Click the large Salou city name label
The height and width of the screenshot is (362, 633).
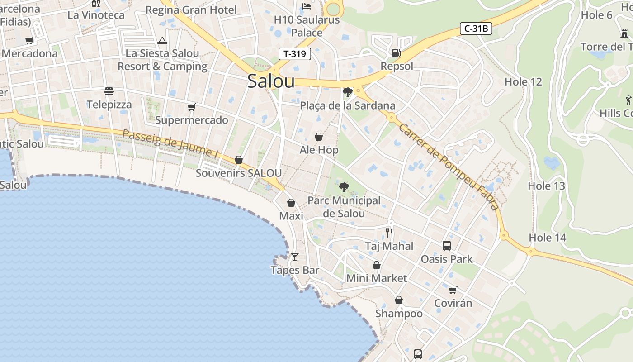271,81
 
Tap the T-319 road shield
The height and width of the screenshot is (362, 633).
294,54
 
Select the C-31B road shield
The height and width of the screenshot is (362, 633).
476,29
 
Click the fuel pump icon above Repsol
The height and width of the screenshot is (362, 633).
396,53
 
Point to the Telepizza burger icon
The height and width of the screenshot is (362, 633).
109,91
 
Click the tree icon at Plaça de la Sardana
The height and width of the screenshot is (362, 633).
347,92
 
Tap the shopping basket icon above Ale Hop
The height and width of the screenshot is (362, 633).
319,137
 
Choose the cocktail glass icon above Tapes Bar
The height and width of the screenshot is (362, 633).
295,257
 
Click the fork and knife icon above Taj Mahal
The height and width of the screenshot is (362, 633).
389,233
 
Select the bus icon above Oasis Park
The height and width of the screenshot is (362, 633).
447,246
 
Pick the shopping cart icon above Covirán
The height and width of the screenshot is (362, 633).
453,290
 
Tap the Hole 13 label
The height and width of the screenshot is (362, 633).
546,186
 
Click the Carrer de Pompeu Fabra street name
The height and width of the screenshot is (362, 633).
449,167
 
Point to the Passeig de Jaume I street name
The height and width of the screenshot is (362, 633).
170,143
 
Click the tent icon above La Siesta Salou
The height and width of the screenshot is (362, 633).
162,41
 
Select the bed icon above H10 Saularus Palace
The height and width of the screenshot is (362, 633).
307,6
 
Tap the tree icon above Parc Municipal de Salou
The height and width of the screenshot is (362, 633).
344,187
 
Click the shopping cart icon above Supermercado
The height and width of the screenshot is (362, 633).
191,107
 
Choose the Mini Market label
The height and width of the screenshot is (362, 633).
377,278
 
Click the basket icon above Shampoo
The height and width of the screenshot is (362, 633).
399,300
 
